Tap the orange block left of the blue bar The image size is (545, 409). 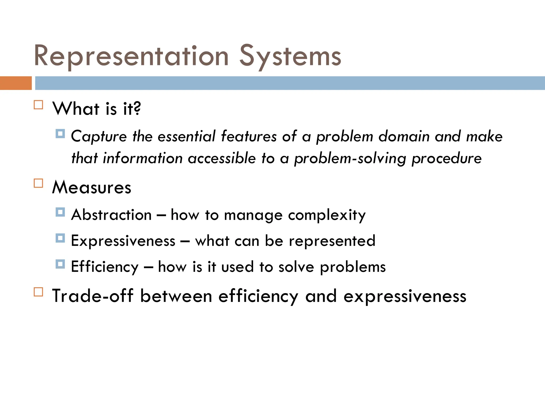16,83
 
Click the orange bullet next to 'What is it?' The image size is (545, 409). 39,105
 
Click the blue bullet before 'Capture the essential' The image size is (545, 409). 60,133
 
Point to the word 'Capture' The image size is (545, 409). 99,137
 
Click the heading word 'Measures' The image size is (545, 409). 92,187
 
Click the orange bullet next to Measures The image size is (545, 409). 39,183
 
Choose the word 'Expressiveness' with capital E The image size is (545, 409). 123,241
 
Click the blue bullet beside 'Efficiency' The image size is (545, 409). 60,264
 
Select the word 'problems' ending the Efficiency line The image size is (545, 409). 353,267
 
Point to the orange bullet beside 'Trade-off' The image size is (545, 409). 39,292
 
